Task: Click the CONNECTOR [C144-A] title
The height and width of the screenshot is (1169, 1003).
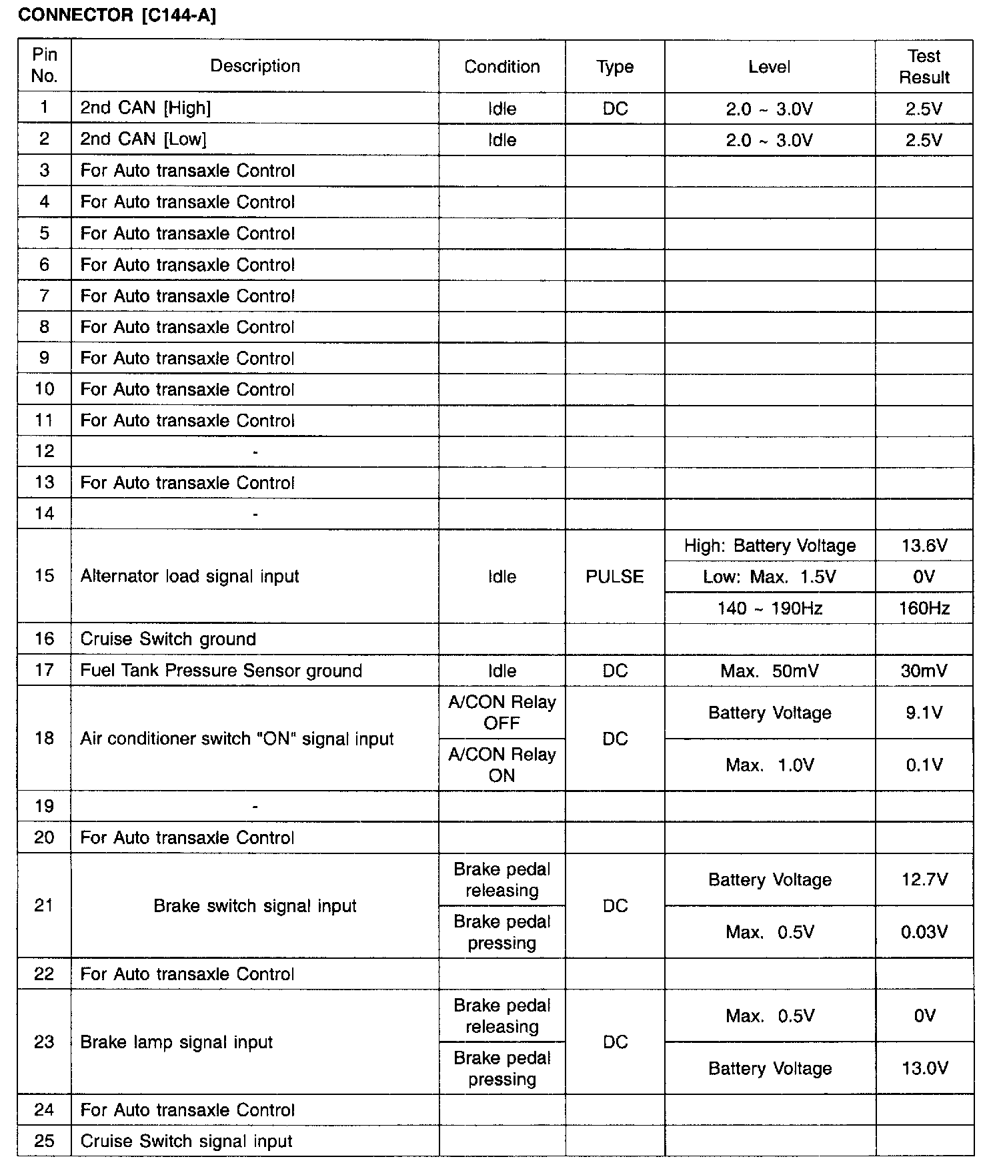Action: tap(117, 16)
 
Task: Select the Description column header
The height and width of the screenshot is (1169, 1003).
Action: tap(255, 66)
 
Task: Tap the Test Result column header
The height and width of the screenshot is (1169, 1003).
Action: tap(924, 66)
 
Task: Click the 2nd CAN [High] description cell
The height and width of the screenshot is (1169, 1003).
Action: tap(145, 108)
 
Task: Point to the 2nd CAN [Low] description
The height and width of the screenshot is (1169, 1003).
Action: tap(143, 139)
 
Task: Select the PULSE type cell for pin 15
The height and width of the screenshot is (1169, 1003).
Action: tap(614, 576)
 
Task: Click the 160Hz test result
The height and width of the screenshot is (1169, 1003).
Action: tap(924, 608)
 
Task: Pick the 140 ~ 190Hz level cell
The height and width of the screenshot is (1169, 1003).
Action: tap(770, 608)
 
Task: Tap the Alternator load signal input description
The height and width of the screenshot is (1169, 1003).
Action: tap(189, 576)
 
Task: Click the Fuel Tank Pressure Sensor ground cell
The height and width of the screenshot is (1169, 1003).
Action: tap(221, 671)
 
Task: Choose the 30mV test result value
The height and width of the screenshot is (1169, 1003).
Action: tap(924, 671)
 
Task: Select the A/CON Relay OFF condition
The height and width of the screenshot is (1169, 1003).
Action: tap(501, 713)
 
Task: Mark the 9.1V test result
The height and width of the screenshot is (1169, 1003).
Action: tap(924, 713)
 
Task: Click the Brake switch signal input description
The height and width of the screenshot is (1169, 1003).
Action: tap(255, 906)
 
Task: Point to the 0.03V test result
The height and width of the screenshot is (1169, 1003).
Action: tap(924, 932)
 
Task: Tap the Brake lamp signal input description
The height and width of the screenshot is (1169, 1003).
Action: tap(176, 1042)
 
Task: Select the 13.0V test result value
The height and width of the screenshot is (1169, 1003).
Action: tap(924, 1068)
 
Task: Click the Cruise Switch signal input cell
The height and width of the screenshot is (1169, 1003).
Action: tap(186, 1141)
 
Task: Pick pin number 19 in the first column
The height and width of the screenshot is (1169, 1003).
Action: tap(44, 806)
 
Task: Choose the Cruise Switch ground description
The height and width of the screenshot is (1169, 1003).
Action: tap(168, 639)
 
